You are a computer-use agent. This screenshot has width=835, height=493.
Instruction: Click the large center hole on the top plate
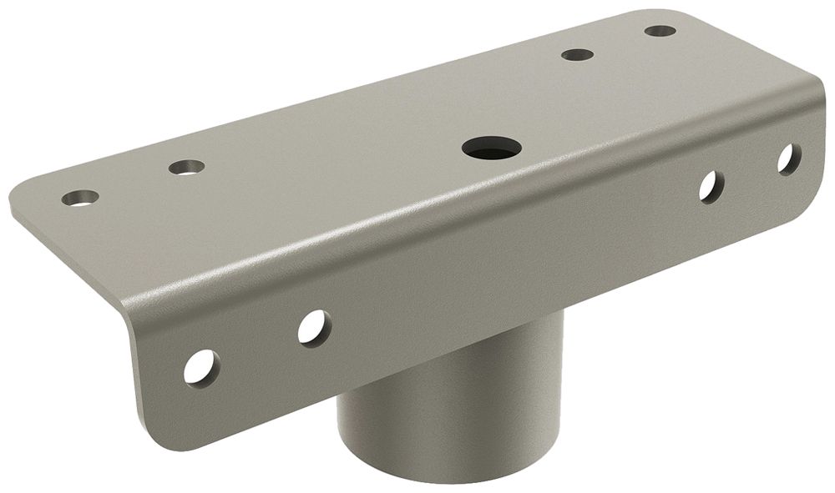point(492,148)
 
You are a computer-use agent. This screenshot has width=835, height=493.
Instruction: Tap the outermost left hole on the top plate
point(80,198)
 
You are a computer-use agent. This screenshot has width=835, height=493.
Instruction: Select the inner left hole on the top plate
point(186,167)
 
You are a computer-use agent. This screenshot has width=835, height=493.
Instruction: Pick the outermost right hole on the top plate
point(660,31)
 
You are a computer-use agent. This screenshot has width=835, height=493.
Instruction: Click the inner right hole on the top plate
point(577,55)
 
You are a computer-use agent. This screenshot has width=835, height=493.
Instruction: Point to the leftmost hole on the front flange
point(201,368)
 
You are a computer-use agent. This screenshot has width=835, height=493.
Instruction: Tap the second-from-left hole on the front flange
point(314,328)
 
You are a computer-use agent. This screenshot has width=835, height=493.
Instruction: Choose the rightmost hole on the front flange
point(788,159)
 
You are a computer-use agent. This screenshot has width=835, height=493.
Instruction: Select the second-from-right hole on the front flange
point(711,187)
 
